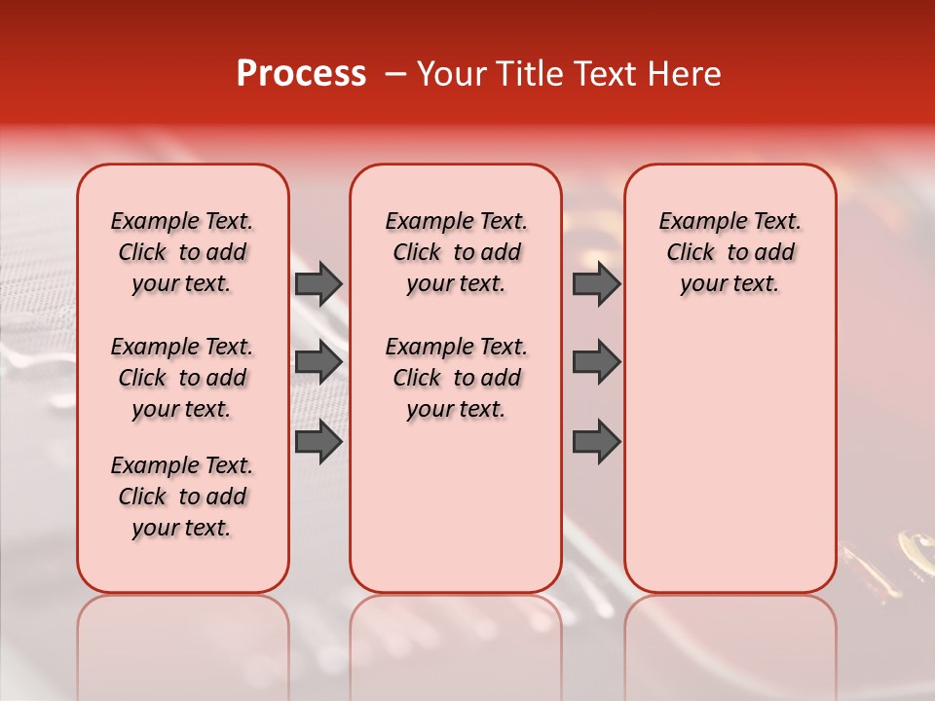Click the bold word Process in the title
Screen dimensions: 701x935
(x=301, y=74)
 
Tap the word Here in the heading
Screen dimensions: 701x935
(x=682, y=74)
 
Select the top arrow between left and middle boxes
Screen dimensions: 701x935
(x=318, y=284)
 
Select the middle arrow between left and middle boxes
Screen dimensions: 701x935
(x=318, y=362)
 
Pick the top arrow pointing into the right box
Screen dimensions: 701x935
(x=596, y=284)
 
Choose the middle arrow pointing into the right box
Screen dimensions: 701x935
(x=596, y=362)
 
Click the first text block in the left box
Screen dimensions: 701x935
(x=182, y=252)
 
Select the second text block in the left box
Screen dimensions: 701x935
(x=182, y=378)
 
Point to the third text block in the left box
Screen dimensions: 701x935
(x=182, y=497)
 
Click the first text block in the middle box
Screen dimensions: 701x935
(x=456, y=252)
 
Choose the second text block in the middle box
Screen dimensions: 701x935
(x=456, y=378)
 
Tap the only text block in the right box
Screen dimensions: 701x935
(x=729, y=252)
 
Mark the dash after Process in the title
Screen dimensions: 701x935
(x=396, y=74)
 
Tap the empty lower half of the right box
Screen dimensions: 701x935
(x=729, y=467)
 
